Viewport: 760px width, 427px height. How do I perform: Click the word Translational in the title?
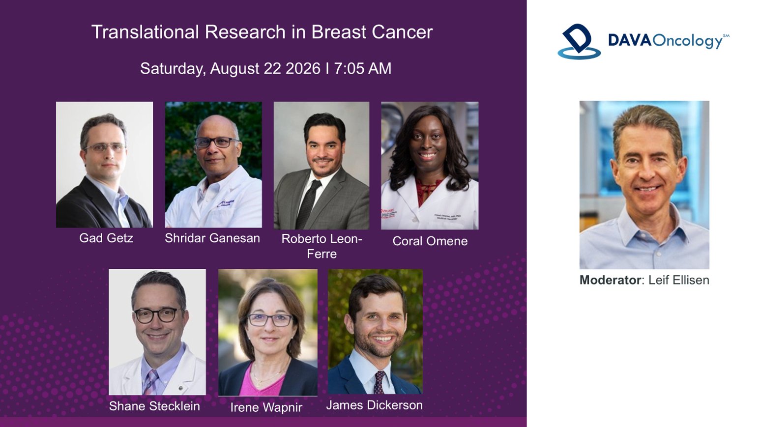(145, 32)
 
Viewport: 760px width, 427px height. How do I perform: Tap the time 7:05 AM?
(363, 68)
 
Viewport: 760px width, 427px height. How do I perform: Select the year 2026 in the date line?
(303, 68)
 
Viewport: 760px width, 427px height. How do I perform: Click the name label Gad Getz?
(106, 238)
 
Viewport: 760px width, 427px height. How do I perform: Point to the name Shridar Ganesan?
(212, 238)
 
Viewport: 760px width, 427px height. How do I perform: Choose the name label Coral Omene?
(430, 241)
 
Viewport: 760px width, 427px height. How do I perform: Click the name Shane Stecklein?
(154, 406)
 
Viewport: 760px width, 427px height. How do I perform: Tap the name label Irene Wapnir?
(266, 407)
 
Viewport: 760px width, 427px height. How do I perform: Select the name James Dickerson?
(374, 405)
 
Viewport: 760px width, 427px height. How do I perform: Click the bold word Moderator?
(610, 280)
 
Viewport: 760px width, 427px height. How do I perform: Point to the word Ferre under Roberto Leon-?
(322, 254)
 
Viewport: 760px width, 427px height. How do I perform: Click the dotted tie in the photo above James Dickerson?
(379, 382)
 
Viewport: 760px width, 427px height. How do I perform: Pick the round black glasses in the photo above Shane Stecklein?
(156, 315)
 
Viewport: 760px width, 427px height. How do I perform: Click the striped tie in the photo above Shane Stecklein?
(150, 382)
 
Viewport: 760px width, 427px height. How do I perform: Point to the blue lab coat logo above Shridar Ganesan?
(225, 203)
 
